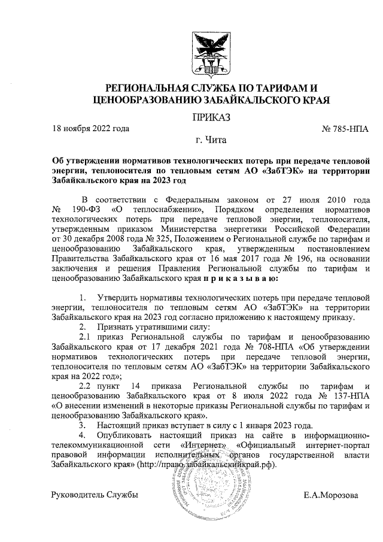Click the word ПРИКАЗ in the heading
[x=208, y=117]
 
